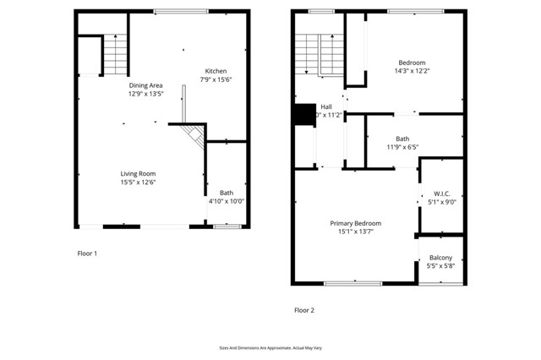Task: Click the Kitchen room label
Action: [x=216, y=70]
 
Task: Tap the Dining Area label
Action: [x=145, y=85]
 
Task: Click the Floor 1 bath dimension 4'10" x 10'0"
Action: [x=226, y=201]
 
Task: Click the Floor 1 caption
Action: [x=87, y=254]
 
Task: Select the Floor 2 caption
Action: [x=303, y=310]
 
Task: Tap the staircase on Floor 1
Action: [x=116, y=53]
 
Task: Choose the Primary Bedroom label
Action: [x=355, y=223]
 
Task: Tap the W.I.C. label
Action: [x=441, y=193]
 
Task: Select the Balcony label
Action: [x=440, y=258]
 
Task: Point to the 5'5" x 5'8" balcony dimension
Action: [x=440, y=266]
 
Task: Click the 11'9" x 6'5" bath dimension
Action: [x=402, y=147]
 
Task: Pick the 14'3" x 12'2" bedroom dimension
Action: [x=412, y=71]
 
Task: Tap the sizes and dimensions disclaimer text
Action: [x=270, y=347]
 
